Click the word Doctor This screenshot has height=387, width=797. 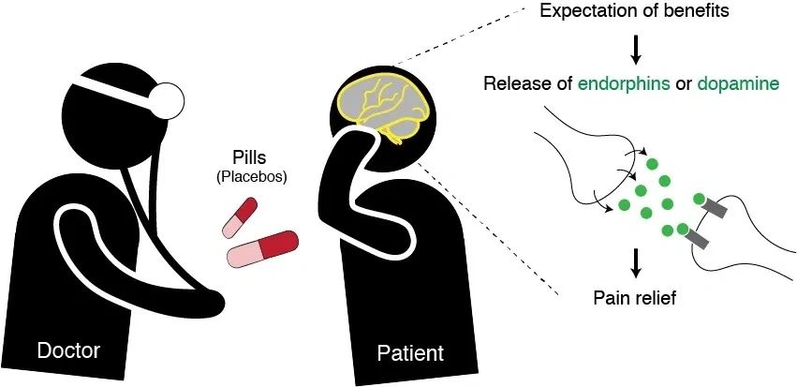click(67, 351)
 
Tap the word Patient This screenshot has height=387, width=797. click(410, 353)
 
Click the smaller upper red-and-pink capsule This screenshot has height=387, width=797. click(239, 216)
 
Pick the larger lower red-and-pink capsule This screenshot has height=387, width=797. click(263, 247)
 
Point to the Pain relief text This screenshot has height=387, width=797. click(634, 299)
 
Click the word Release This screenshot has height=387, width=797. click(514, 83)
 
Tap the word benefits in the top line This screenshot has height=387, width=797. click(689, 12)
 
